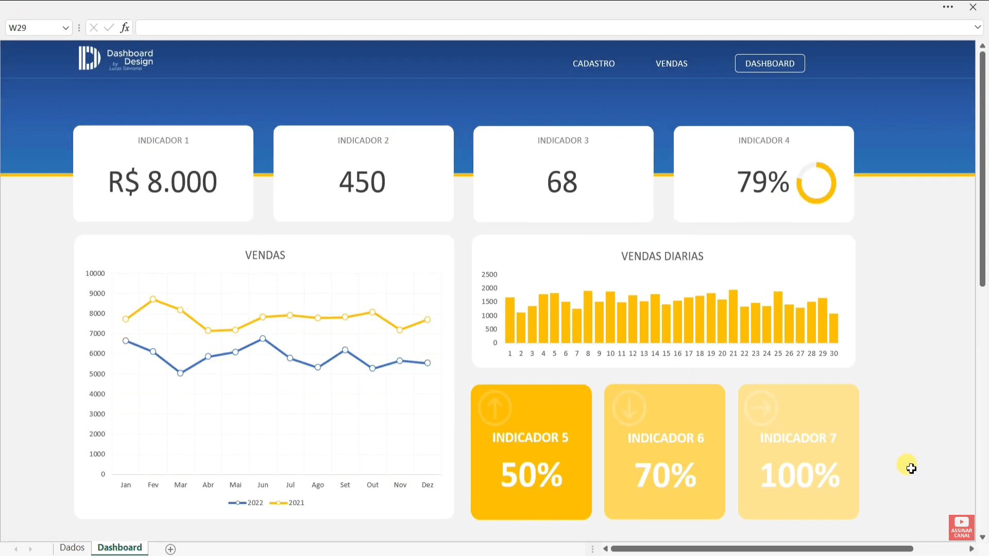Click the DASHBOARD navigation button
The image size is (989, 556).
click(x=770, y=63)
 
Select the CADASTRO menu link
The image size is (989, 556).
click(x=593, y=63)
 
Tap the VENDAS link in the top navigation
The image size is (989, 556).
click(x=671, y=63)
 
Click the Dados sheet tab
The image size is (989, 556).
click(x=72, y=547)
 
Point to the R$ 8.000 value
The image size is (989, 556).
click(x=163, y=182)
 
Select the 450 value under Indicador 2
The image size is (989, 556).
click(x=362, y=182)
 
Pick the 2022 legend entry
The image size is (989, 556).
click(x=246, y=502)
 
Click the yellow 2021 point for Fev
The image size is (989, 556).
click(x=153, y=299)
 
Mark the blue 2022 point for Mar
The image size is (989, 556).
click(x=180, y=373)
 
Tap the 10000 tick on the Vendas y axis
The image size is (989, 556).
click(x=95, y=273)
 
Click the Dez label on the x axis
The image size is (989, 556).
click(x=428, y=485)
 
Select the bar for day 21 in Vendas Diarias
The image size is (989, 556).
click(x=733, y=317)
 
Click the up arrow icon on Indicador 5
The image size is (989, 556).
click(x=494, y=408)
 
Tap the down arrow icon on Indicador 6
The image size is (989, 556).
click(x=629, y=408)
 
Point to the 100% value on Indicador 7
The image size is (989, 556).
click(x=799, y=475)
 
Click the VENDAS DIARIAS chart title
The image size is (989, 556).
click(x=662, y=256)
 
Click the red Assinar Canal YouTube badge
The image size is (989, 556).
click(x=961, y=527)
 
